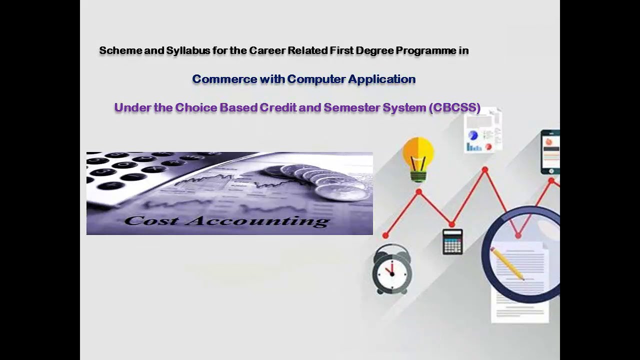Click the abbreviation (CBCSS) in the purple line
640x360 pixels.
point(454,108)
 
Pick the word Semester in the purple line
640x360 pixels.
point(351,107)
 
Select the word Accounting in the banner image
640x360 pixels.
point(257,221)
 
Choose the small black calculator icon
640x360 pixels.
point(452,241)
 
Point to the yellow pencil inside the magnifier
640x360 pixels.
point(507,263)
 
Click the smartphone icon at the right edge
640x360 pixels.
point(550,152)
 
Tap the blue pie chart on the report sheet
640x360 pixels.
point(473,135)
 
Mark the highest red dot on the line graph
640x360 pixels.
point(485,169)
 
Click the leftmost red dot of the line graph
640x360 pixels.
point(385,235)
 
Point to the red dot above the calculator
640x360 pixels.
point(451,224)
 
